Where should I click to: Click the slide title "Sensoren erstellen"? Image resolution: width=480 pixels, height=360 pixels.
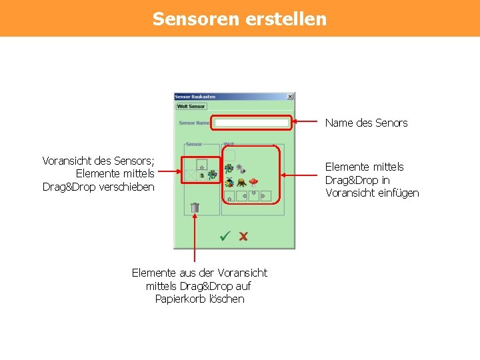(239, 18)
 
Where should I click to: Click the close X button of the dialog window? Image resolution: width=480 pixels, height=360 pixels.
(290, 97)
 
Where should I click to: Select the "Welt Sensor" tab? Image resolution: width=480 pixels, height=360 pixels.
(191, 106)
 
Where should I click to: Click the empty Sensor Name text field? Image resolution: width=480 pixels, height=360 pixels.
(252, 123)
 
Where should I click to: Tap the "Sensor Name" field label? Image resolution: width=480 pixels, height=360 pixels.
(194, 123)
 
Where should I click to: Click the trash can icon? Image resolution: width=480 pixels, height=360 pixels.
(195, 207)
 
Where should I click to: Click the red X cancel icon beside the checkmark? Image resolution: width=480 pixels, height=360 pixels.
(243, 236)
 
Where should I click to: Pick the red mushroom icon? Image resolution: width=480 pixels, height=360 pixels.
(253, 181)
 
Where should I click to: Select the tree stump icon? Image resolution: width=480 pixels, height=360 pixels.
(241, 181)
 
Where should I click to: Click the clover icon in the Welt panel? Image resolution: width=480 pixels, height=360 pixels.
(229, 169)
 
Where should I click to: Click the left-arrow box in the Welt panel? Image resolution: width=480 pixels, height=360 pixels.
(241, 196)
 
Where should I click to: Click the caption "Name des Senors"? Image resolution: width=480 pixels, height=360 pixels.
(366, 123)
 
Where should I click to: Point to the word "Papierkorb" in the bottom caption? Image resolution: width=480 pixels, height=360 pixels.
(181, 299)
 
